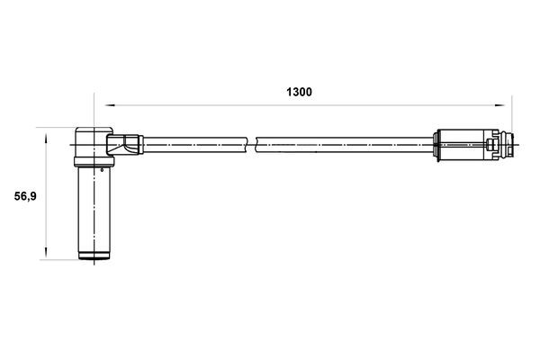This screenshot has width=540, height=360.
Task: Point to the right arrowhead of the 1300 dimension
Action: pyautogui.click(x=508, y=102)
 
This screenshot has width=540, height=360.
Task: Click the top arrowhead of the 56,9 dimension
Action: pyautogui.click(x=45, y=134)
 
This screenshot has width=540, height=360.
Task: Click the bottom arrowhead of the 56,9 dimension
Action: pyautogui.click(x=45, y=256)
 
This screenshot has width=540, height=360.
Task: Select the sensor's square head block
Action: pyautogui.click(x=91, y=143)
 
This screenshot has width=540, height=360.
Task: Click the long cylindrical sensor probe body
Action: pyautogui.click(x=93, y=211)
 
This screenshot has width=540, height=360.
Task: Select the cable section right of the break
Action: pyautogui.click(x=342, y=142)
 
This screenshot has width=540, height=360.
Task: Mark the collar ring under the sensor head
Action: pyautogui.click(x=92, y=164)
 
